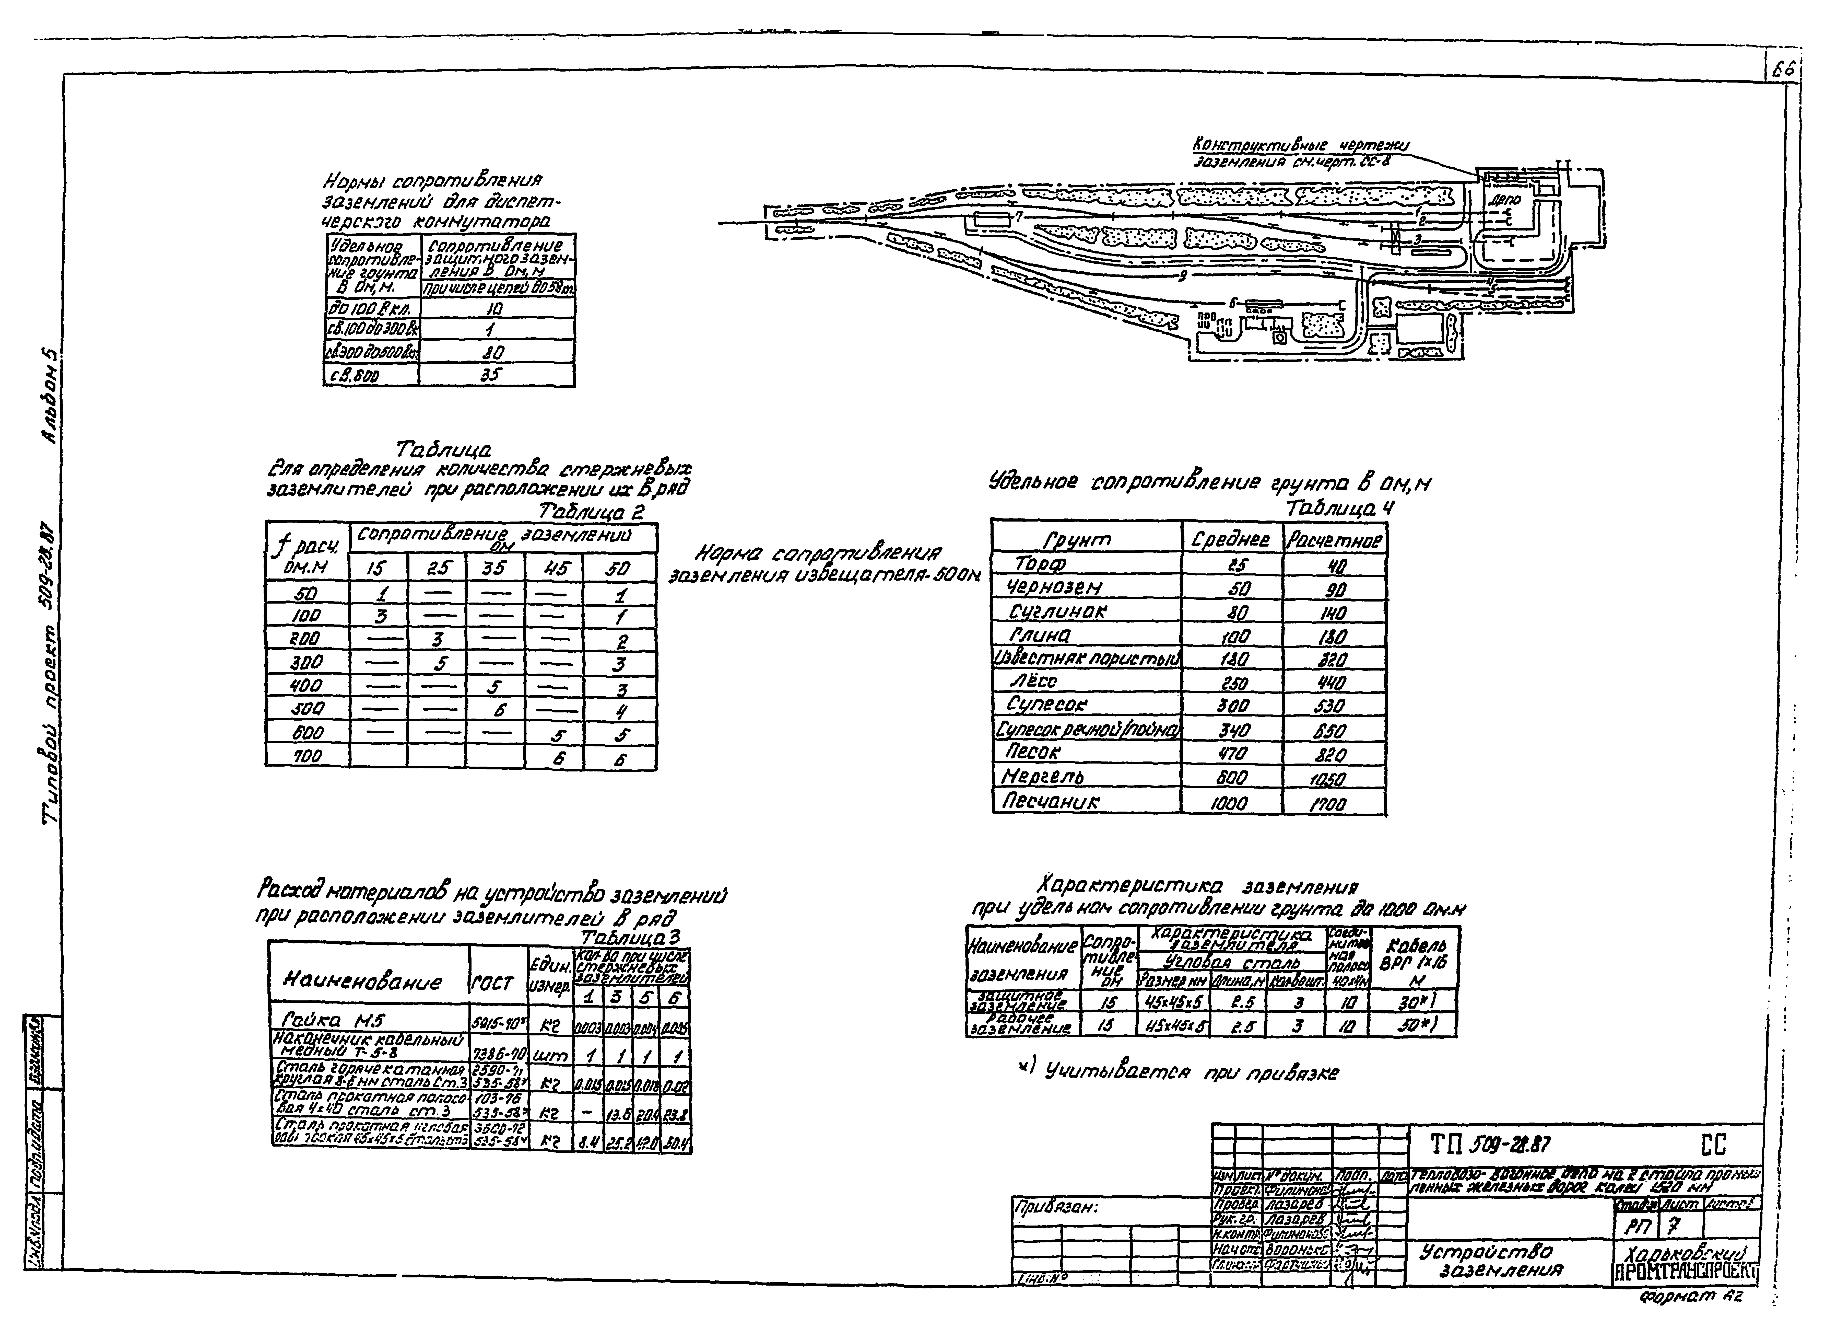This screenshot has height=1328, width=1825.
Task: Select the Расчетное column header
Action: pyautogui.click(x=1334, y=540)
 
